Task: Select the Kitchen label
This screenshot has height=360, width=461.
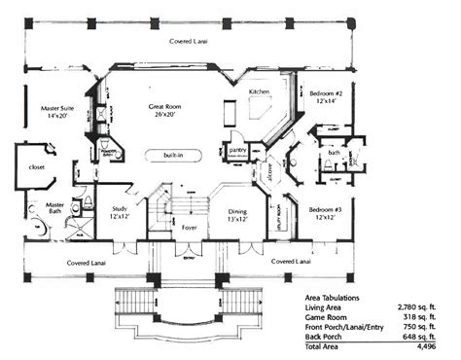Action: (259, 90)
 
